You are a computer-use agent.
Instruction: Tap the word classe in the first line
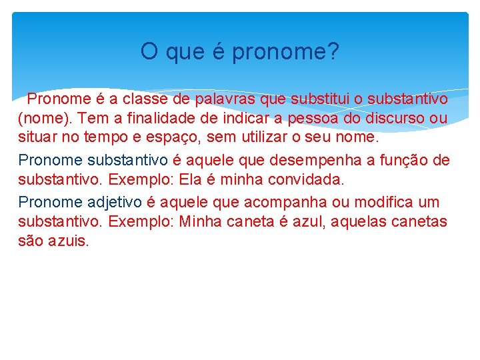click(x=139, y=99)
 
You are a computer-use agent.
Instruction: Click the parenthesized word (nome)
click(x=42, y=119)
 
